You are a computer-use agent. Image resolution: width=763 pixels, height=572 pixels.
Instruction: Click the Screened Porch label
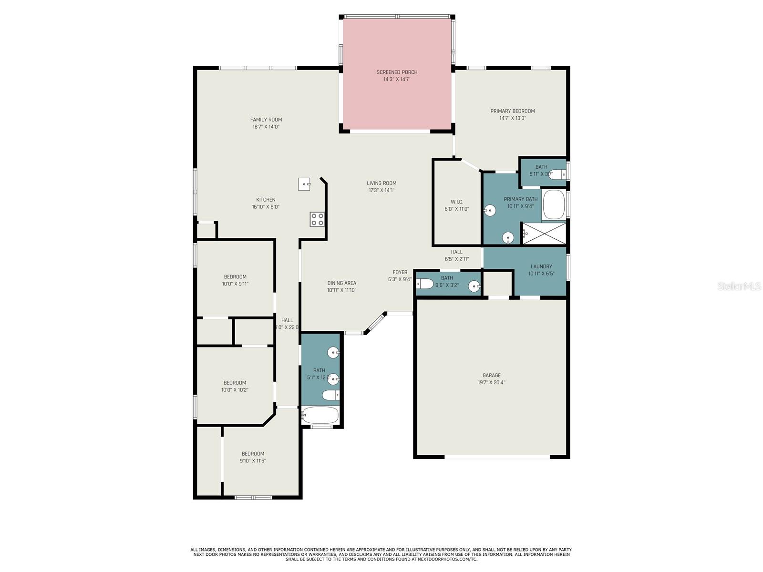click(397, 72)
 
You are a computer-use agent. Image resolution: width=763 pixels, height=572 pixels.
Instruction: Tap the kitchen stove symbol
click(317, 219)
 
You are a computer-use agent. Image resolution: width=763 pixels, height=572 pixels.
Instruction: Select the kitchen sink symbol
click(304, 184)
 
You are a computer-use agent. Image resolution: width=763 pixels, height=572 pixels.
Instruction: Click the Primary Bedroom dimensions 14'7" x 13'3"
click(513, 118)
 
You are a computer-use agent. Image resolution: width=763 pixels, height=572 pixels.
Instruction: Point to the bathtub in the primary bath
click(554, 205)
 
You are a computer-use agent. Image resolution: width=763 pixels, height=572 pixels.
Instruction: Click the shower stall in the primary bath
click(545, 233)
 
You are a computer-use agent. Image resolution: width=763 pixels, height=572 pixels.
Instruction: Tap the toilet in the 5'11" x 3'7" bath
click(556, 174)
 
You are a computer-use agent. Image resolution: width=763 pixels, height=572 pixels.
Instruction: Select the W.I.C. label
click(457, 202)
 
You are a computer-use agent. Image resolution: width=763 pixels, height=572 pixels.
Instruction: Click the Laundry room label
click(541, 266)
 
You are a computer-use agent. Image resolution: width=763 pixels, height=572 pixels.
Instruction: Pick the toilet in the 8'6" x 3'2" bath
click(425, 284)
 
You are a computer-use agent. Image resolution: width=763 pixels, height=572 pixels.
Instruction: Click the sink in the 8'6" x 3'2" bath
click(474, 286)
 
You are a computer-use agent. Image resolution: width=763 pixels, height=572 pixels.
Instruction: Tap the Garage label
click(491, 375)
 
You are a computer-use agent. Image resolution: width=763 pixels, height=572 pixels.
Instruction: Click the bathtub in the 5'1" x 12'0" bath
click(320, 415)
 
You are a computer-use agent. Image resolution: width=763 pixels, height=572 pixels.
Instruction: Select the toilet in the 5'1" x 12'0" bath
click(330, 395)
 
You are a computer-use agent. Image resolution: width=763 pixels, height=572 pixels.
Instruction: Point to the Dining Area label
click(341, 283)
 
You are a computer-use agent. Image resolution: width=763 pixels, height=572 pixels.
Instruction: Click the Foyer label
click(400, 272)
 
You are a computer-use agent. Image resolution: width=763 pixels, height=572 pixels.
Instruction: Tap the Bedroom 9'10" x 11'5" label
click(253, 454)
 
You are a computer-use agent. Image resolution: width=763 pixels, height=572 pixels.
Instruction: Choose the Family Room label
click(266, 120)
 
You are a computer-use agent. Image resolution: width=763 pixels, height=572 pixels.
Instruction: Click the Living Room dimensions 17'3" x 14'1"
click(381, 190)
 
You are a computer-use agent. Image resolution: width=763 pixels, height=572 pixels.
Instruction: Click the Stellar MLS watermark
click(739, 286)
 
